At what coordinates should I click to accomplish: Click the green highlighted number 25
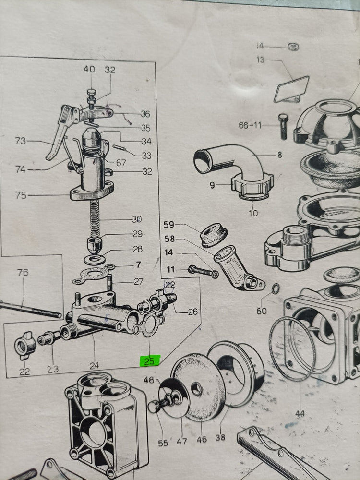coord(149,360)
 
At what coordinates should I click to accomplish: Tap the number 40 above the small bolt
coord(89,69)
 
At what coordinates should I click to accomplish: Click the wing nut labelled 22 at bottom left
coord(25,345)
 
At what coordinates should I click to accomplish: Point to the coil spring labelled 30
coord(95,218)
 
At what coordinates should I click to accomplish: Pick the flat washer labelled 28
coord(95,260)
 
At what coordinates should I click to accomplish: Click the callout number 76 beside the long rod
coord(23,272)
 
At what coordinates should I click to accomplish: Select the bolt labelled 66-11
coord(283,126)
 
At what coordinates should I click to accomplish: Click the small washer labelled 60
coord(276,288)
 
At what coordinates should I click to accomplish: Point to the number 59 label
coord(168,224)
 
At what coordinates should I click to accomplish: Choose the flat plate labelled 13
coord(291,89)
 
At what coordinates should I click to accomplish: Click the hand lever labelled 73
coord(59,132)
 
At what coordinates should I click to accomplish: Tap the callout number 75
coord(21,195)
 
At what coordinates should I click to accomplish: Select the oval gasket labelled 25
coord(149,325)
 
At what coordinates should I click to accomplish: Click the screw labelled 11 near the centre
coord(203,272)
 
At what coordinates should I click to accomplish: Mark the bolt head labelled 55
coord(153,407)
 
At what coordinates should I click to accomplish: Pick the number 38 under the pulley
coord(220,437)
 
